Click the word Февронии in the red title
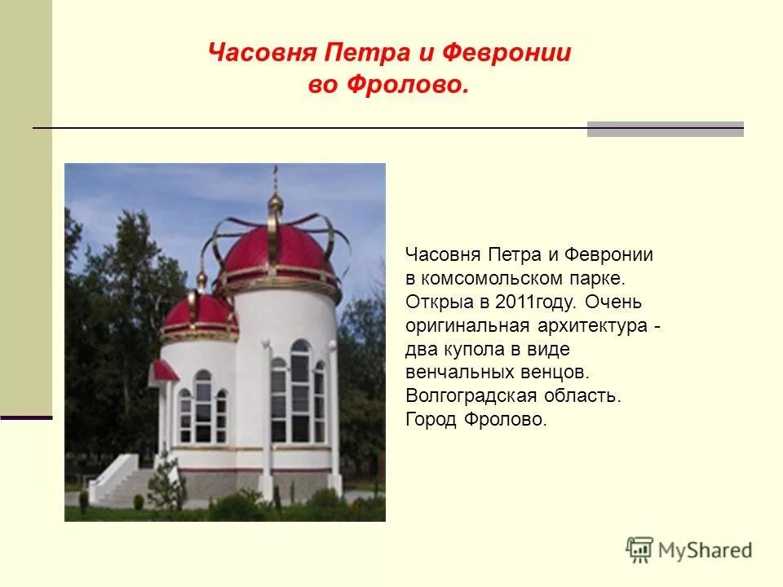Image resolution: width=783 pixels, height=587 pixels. (507, 53)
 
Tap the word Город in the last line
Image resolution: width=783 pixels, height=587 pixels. (431, 420)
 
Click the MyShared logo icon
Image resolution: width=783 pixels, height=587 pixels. (640, 549)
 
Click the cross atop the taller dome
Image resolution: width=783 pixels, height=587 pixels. (276, 173)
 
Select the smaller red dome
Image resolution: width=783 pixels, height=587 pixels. (198, 313)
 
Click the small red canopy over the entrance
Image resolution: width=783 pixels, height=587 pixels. (164, 371)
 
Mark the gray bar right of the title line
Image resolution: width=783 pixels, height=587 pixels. (665, 129)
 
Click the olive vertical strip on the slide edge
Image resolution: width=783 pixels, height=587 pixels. (25, 204)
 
